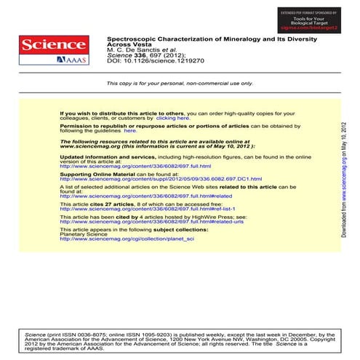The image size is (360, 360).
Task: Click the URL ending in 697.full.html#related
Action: pyautogui.click(x=145, y=196)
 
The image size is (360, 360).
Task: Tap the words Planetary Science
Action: pyautogui.click(x=82, y=234)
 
